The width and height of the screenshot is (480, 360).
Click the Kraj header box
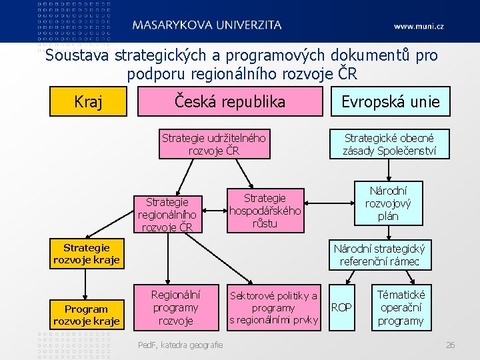(x=88, y=102)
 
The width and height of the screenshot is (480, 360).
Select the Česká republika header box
(x=229, y=102)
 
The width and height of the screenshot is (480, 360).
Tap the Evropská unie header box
(x=390, y=102)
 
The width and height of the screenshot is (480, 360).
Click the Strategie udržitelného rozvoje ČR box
(x=213, y=144)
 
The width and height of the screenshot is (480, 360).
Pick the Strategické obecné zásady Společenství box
(x=389, y=144)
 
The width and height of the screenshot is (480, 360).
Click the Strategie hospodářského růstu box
(x=265, y=211)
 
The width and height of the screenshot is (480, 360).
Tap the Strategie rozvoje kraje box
(x=87, y=254)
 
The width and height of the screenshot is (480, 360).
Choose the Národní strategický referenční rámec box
(x=379, y=255)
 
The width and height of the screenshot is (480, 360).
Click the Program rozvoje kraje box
(x=87, y=315)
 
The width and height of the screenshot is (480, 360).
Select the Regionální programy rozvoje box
(x=175, y=307)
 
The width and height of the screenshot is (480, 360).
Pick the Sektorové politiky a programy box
(x=273, y=308)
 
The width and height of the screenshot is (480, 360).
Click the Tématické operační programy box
(x=400, y=307)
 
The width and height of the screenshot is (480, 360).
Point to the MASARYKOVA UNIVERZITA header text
(x=207, y=25)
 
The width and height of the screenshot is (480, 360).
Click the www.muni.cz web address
(x=418, y=26)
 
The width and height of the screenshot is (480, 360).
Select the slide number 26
(x=450, y=345)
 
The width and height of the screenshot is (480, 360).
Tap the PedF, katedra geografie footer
(x=180, y=345)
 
